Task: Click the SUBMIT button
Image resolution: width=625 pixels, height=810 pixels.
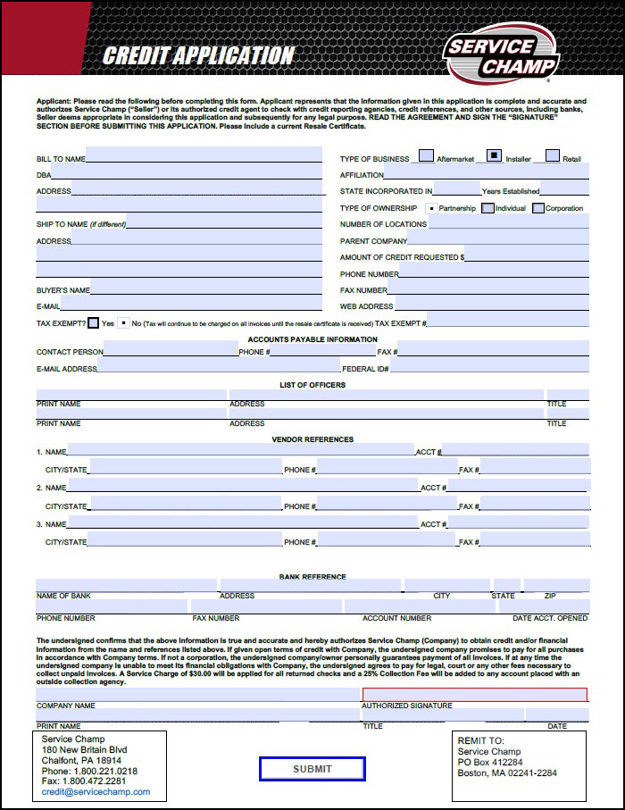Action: (x=312, y=769)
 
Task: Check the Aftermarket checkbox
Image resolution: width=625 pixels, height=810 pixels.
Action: (x=427, y=156)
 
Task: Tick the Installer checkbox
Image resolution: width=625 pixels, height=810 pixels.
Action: (x=495, y=156)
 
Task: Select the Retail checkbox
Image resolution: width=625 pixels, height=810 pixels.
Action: (x=553, y=156)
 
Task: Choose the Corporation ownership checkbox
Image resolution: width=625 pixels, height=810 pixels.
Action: (x=538, y=208)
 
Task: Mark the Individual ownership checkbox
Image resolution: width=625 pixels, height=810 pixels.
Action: (x=487, y=208)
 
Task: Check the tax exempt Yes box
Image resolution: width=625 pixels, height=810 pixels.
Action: (x=93, y=322)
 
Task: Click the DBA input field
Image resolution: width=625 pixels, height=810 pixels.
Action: (x=187, y=173)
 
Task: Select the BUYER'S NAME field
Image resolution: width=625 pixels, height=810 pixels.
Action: (x=205, y=288)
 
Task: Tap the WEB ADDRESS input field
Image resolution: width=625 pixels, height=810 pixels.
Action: (x=491, y=305)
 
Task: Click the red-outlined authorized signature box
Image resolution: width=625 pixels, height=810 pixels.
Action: (x=474, y=695)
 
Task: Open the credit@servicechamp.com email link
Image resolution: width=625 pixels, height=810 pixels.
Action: (x=96, y=792)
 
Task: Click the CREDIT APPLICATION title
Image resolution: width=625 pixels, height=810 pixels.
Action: (x=198, y=56)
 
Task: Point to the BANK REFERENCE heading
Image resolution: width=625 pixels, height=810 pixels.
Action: (x=312, y=577)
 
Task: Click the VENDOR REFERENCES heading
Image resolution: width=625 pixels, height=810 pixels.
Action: (x=312, y=439)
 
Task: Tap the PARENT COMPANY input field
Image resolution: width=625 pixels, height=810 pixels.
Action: (x=497, y=239)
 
